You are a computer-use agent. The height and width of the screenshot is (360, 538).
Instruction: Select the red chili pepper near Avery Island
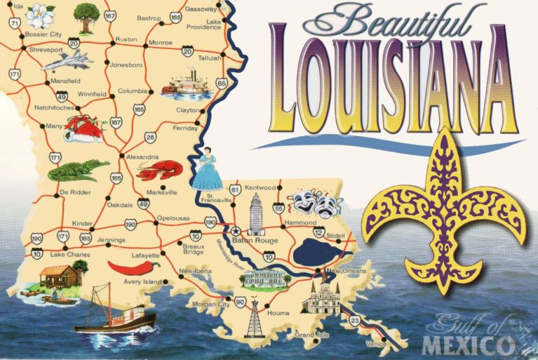point(134,267)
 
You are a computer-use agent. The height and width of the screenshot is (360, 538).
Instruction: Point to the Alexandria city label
point(142,157)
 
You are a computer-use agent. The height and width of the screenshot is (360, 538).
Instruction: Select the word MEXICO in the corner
point(468,345)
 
